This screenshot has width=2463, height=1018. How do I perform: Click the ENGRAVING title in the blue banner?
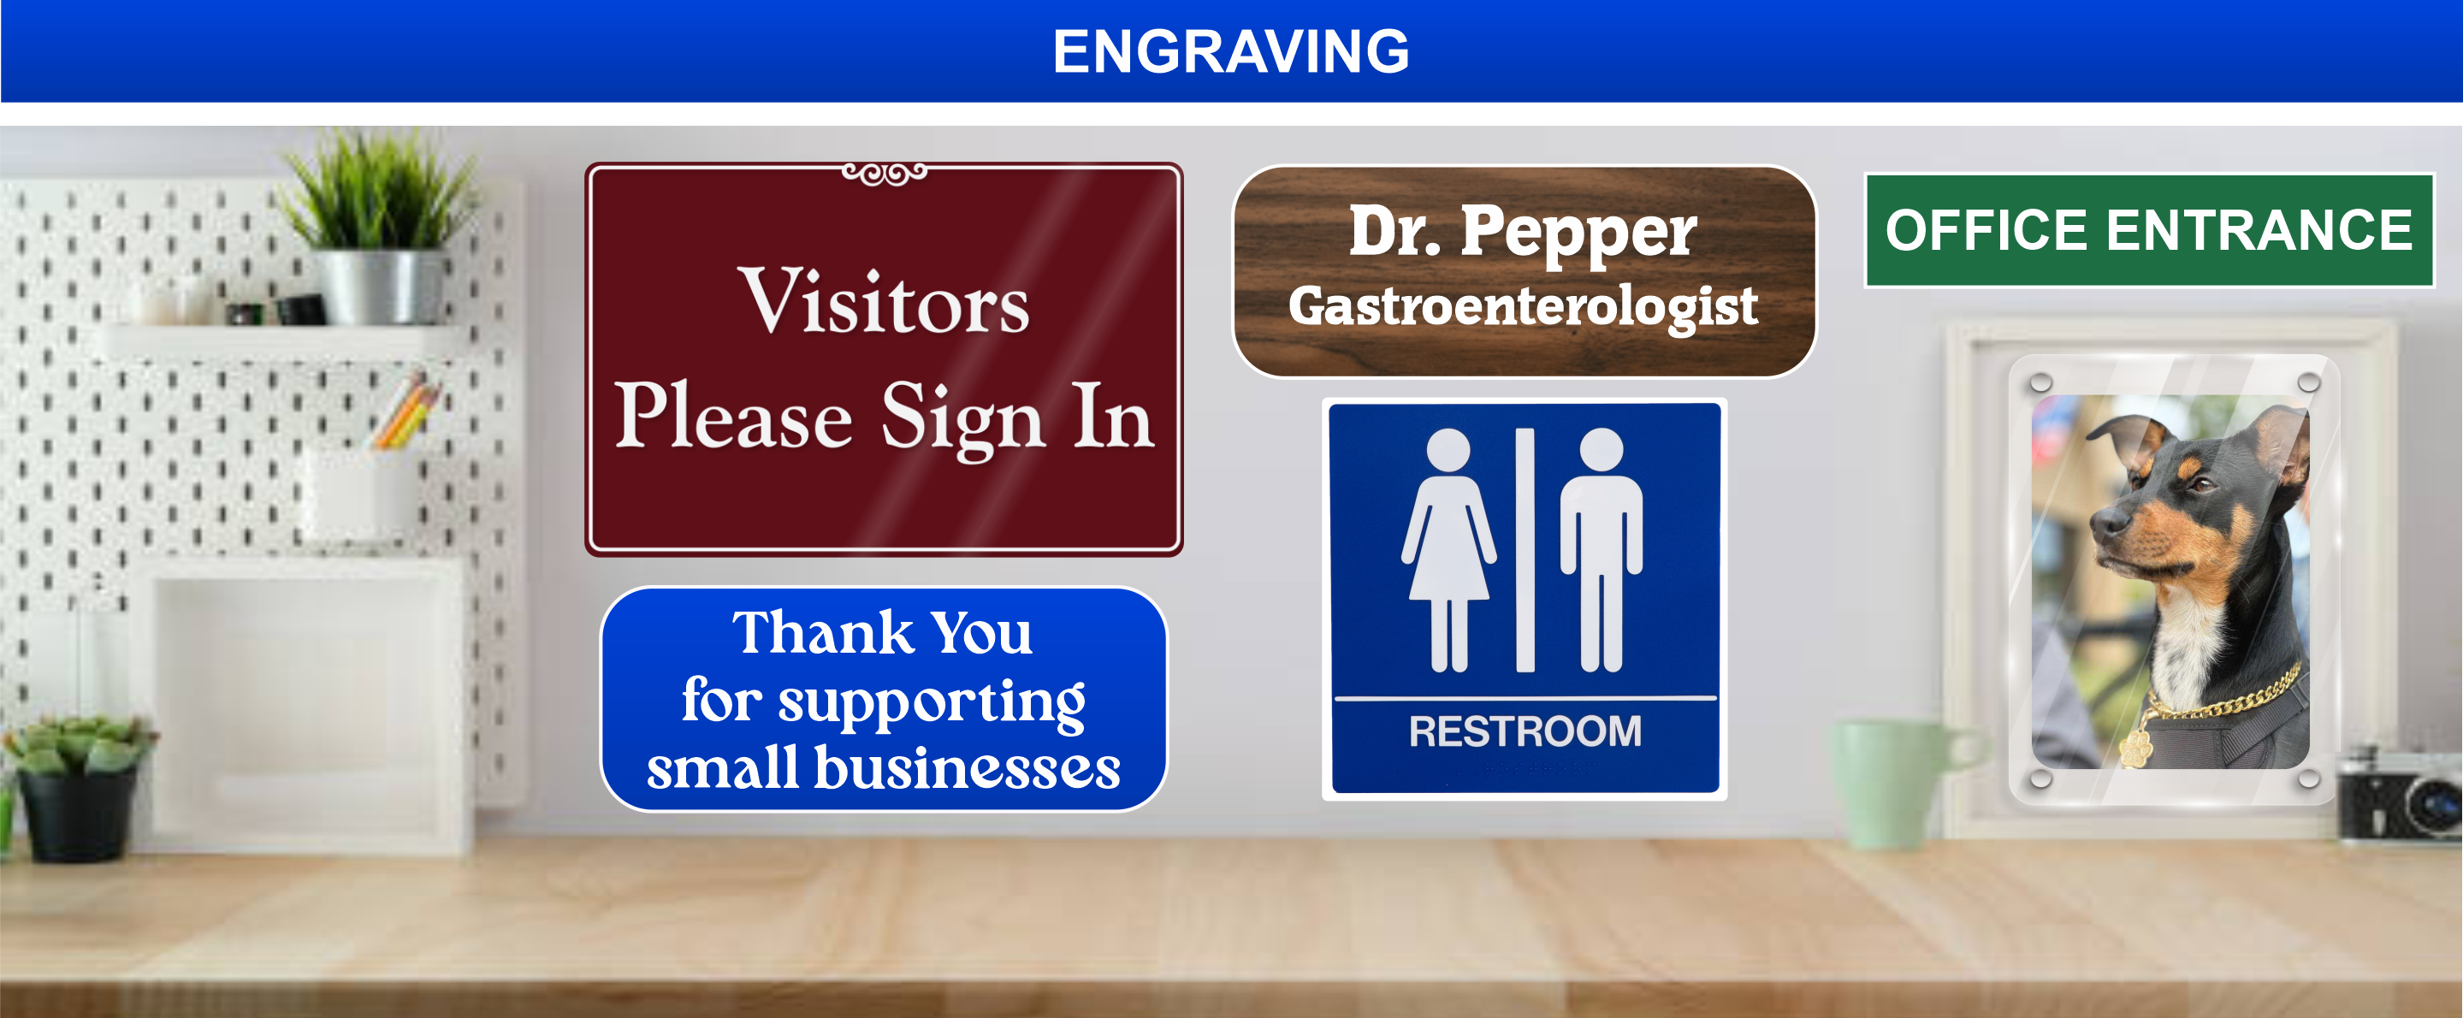point(1230,50)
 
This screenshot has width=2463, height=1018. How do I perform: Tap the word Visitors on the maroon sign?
point(884,302)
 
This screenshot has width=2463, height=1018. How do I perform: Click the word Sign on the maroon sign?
point(962,417)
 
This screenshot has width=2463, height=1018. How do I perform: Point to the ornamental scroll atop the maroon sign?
point(885,174)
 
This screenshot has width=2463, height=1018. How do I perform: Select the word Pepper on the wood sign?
point(1578,233)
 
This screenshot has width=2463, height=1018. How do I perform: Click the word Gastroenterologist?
point(1523,307)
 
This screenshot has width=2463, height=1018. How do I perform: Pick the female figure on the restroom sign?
point(1448,549)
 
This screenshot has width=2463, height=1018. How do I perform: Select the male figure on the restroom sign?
point(1602,549)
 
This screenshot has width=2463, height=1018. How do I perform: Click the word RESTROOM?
point(1525,731)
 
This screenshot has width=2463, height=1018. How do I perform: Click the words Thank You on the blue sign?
point(883,633)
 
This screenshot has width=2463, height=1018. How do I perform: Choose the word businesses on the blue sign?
point(967,767)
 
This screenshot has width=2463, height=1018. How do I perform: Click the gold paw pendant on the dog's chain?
point(2134,749)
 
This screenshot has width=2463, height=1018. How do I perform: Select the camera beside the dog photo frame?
point(2400,796)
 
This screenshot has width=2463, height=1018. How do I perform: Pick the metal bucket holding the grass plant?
point(381,287)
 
